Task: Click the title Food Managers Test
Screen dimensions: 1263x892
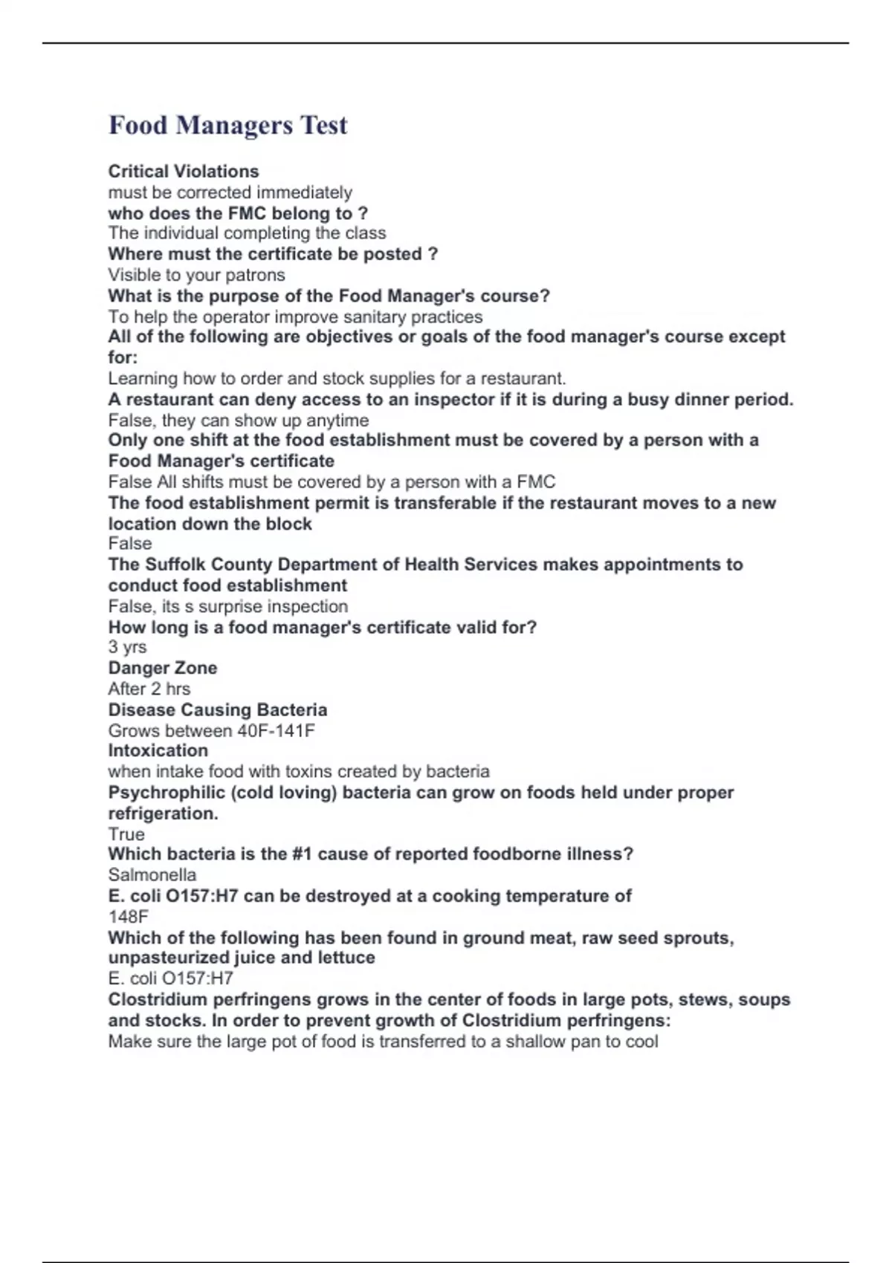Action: (227, 125)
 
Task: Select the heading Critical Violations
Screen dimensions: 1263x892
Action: (184, 172)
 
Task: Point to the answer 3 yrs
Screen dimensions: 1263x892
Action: (127, 647)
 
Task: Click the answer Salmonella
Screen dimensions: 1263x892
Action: (152, 875)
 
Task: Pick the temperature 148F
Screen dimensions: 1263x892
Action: (128, 917)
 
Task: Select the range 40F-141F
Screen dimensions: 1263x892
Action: (276, 730)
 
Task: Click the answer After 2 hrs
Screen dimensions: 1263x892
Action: (149, 689)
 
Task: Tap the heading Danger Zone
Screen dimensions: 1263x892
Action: (163, 668)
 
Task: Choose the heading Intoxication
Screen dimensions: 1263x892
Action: (158, 750)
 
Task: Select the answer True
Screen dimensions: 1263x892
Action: (126, 834)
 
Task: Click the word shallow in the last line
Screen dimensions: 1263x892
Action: (535, 1042)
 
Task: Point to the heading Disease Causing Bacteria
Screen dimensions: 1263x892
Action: (217, 710)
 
